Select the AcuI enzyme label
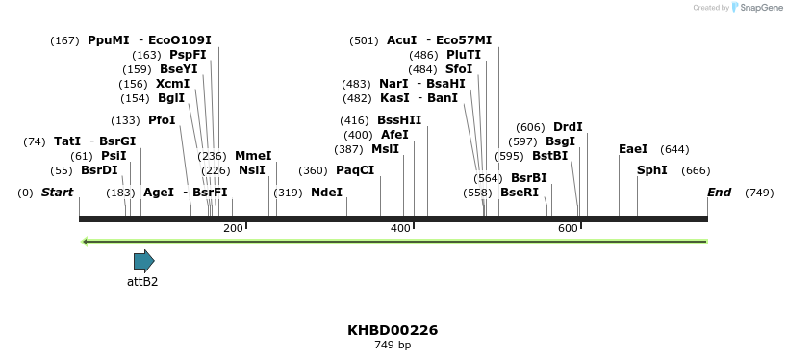(x=401, y=40)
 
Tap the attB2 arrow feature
(x=143, y=260)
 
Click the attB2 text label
(x=142, y=282)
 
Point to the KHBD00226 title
(x=393, y=330)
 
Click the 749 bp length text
(x=393, y=345)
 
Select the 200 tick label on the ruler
(x=233, y=228)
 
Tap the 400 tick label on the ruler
(x=400, y=228)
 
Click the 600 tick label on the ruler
(x=568, y=228)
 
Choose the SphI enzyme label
(x=651, y=170)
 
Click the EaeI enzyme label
(x=633, y=149)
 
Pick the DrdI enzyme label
(x=568, y=127)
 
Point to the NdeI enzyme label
(x=326, y=193)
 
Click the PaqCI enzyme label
(x=355, y=170)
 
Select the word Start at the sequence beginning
(x=57, y=193)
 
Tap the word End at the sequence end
(x=719, y=193)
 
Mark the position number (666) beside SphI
(x=695, y=170)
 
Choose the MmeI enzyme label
(x=253, y=156)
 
